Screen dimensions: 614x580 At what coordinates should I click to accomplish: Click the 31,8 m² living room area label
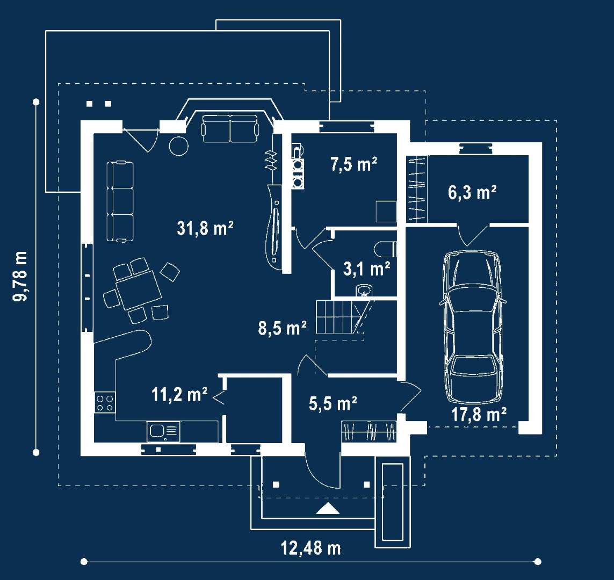[205, 228]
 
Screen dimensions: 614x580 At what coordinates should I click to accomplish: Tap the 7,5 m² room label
[353, 164]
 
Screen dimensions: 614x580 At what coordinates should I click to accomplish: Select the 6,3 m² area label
[472, 192]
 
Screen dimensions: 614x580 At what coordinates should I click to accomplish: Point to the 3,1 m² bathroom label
[366, 269]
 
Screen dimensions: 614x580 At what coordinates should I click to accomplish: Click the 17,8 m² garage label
[479, 414]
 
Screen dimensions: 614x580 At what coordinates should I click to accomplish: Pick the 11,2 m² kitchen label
[179, 395]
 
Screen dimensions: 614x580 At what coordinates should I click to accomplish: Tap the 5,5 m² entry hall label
[333, 403]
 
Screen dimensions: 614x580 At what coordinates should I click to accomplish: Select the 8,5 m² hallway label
[282, 328]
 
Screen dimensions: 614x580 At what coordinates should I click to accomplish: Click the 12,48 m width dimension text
[311, 548]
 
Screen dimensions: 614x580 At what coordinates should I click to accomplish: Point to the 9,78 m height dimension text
[20, 276]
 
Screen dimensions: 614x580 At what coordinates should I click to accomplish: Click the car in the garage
[473, 327]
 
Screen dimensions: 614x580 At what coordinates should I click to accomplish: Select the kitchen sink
[164, 432]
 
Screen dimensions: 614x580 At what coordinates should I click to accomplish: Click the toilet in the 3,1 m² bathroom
[385, 249]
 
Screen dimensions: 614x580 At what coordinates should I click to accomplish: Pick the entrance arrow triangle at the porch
[328, 509]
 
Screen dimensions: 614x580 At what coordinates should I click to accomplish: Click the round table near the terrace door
[178, 146]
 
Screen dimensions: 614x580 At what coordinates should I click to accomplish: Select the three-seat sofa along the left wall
[120, 201]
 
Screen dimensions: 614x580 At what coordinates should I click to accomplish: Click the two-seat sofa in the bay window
[230, 128]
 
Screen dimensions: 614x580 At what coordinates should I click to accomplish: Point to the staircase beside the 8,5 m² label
[340, 316]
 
